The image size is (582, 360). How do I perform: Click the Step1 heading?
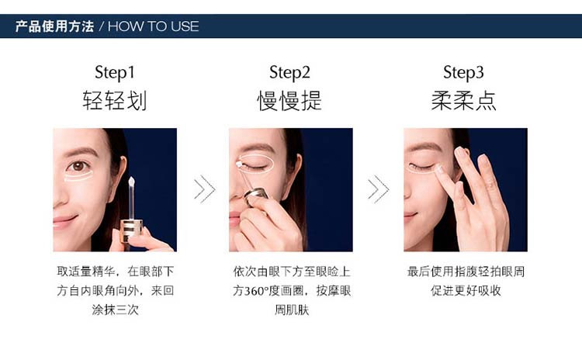[x=115, y=73]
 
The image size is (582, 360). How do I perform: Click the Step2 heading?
[x=289, y=73]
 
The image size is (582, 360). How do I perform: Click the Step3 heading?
[x=463, y=73]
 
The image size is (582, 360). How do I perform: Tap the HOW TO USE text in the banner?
[x=154, y=26]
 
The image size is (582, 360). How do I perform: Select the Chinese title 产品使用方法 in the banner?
[x=54, y=26]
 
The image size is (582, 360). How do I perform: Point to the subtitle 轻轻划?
[x=115, y=100]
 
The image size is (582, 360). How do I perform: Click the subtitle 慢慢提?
[x=289, y=100]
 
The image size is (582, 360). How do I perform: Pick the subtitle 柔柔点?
[x=463, y=100]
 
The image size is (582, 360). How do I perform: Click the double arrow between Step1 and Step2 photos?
[x=205, y=189]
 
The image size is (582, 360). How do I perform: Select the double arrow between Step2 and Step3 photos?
[x=378, y=189]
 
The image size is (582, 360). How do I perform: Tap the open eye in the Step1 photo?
[x=78, y=166]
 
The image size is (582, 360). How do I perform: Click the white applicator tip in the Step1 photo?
[x=131, y=182]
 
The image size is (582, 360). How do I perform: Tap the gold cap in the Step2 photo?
[x=257, y=193]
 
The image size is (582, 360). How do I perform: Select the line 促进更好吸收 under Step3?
[x=466, y=291]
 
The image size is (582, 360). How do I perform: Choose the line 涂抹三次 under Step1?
[x=115, y=310]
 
